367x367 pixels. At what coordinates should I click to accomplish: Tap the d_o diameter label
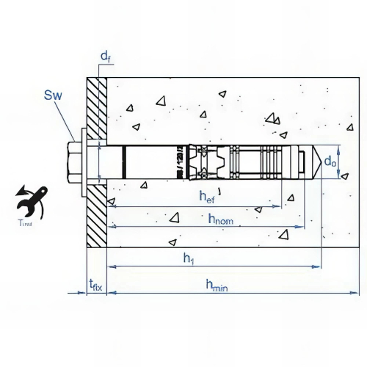click(x=331, y=161)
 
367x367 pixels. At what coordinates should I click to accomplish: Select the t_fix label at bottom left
click(x=95, y=284)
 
